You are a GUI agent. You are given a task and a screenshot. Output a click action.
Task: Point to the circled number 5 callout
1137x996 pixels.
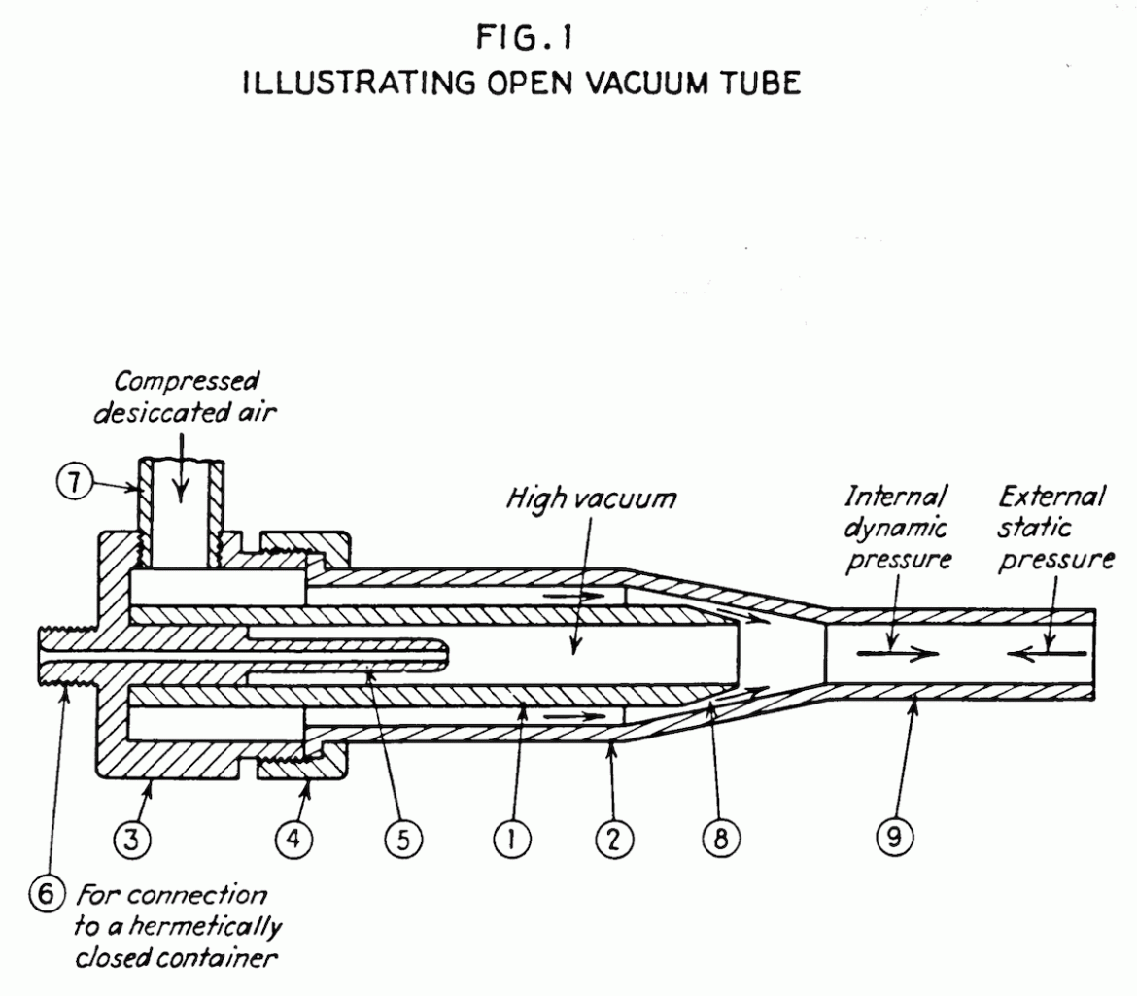click(400, 841)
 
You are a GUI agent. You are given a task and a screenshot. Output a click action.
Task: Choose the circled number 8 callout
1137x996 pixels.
click(720, 841)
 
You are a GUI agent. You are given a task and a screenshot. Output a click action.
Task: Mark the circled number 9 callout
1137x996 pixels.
click(896, 841)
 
